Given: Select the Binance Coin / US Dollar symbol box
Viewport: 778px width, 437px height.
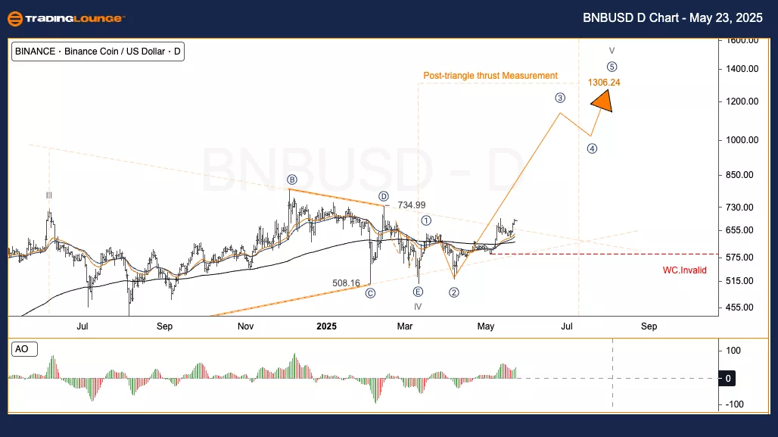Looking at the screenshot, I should tap(98, 52).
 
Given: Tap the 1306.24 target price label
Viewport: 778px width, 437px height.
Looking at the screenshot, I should tap(603, 82).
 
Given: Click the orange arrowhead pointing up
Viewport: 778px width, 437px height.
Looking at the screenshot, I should tap(602, 101).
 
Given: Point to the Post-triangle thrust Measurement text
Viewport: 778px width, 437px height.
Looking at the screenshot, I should tap(490, 76).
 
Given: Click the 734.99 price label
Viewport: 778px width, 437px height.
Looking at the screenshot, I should tap(411, 205).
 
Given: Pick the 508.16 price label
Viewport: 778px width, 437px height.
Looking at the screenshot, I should tap(347, 283).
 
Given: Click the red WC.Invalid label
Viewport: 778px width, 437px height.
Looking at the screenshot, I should tap(684, 270).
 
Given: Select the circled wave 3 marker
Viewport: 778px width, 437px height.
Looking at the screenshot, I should tap(560, 98).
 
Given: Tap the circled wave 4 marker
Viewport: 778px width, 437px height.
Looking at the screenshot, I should tap(592, 148).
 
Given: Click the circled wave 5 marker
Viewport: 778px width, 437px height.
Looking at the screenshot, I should tap(612, 67).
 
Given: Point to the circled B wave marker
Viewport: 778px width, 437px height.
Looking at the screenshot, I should tap(292, 179).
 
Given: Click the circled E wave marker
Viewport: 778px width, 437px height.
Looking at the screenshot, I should tap(418, 291).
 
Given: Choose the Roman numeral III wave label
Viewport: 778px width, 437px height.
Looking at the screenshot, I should tap(48, 195).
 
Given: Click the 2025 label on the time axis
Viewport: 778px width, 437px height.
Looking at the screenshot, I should tap(326, 326).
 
